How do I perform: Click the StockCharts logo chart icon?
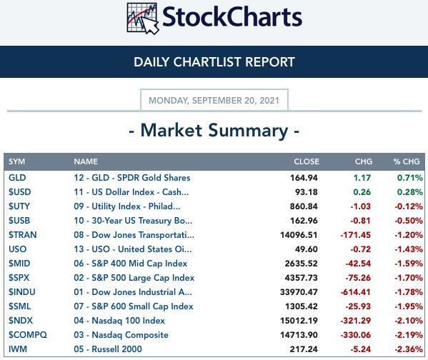click(143, 19)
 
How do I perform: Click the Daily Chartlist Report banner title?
click(214, 62)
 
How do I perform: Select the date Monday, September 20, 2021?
click(214, 101)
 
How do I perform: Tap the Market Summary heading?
click(214, 130)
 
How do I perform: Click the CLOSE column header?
click(307, 161)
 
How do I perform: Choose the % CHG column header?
click(407, 161)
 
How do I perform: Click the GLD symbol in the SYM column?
click(17, 178)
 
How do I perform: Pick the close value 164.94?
click(304, 178)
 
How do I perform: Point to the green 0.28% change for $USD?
click(409, 192)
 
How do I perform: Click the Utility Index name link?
click(127, 206)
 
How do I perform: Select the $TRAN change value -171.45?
click(356, 235)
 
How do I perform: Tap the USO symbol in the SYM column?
click(17, 249)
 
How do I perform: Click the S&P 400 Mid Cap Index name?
click(131, 264)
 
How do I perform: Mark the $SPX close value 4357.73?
click(301, 278)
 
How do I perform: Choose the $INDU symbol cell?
click(22, 292)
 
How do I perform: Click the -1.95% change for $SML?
click(409, 306)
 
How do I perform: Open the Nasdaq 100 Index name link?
click(119, 321)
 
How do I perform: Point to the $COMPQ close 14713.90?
click(299, 335)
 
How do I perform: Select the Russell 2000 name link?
click(108, 349)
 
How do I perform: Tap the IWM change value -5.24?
click(361, 349)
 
